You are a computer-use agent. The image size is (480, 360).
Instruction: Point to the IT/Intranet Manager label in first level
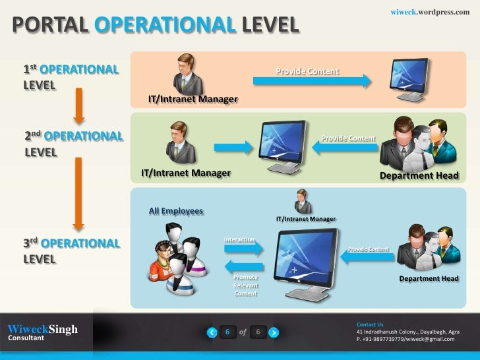(193, 100)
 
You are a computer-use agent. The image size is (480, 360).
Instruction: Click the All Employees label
(176, 211)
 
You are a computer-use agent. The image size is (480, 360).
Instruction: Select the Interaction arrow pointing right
(244, 248)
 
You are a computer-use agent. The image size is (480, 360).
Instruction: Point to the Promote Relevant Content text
(246, 285)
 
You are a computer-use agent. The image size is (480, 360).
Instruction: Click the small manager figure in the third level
(303, 201)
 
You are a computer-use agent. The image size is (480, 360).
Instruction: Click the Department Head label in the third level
(429, 279)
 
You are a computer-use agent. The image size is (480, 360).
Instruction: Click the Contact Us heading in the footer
(369, 324)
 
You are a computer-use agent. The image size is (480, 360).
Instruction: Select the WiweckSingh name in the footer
(42, 329)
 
